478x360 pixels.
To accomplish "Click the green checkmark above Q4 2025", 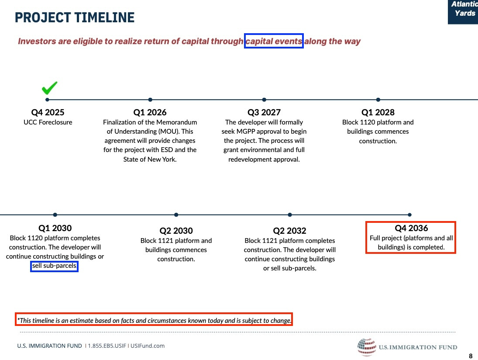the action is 49,88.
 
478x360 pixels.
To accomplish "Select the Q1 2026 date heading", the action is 150,112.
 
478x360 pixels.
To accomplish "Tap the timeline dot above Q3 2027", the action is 264,100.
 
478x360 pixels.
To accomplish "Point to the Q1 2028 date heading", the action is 378,112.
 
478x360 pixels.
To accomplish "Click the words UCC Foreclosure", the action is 48,122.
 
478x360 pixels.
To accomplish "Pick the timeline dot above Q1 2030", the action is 55,215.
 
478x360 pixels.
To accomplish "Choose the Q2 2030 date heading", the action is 176,231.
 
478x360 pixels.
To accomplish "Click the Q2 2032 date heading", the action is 289,231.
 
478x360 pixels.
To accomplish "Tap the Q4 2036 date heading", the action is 411,228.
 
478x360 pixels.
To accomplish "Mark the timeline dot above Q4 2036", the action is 410,215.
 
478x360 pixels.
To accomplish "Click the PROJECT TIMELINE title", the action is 75,17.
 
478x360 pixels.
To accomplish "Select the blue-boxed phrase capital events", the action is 274,41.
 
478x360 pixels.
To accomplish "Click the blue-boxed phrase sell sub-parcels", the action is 54,266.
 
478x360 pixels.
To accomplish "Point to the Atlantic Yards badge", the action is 463,12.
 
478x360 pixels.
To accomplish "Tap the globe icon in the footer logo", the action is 367,347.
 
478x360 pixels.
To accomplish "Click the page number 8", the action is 471,356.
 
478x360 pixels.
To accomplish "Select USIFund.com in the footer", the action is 148,346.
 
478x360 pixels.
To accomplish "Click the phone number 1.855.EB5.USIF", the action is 107,346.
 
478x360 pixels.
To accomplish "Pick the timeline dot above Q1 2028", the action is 378,100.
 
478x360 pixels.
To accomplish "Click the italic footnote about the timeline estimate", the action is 154,320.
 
